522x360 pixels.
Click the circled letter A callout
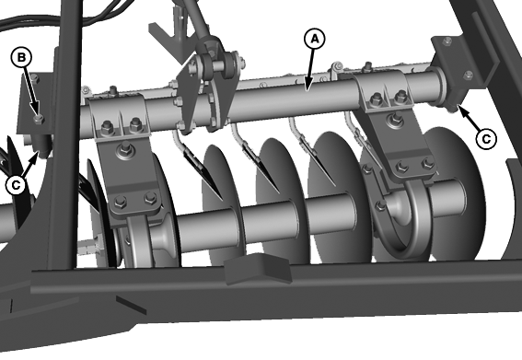(314, 39)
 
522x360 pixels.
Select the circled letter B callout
(21, 57)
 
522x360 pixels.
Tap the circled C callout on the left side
(16, 184)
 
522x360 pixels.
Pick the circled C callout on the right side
(486, 138)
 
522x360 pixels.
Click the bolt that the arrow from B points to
(39, 118)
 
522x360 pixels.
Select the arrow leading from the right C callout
(469, 117)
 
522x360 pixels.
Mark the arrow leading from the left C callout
(30, 165)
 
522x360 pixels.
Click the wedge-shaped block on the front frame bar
(258, 268)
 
